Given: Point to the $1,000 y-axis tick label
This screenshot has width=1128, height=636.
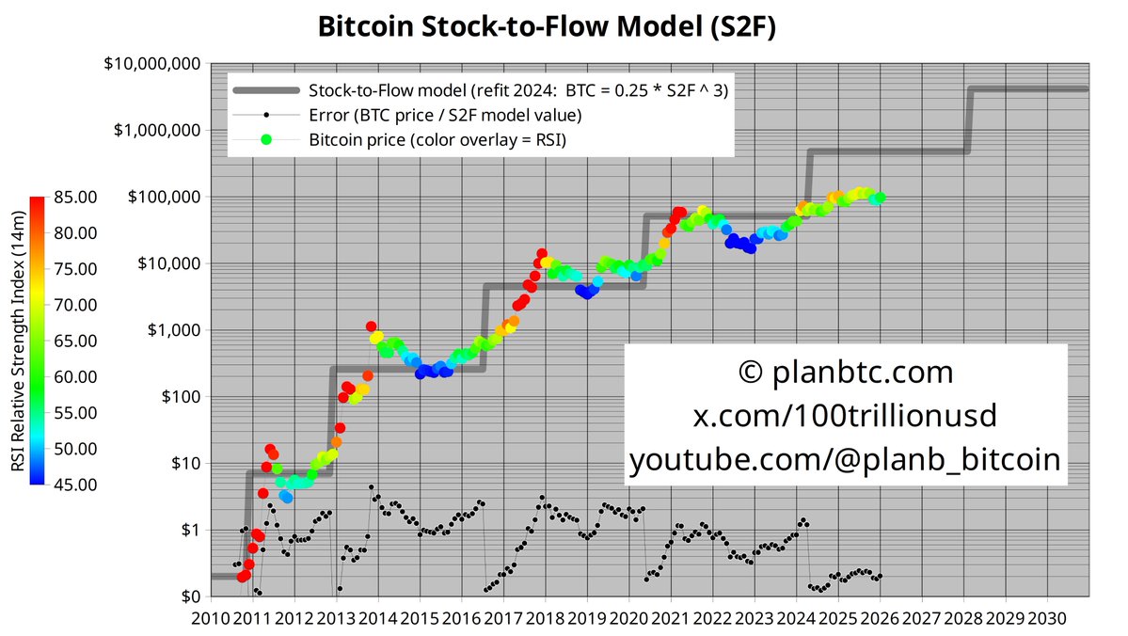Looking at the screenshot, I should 175,330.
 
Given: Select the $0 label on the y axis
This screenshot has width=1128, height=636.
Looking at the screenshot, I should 190,596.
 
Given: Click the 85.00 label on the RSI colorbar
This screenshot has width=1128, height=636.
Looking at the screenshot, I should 72,198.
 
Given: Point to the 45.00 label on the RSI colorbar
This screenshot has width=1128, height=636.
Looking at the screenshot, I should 72,485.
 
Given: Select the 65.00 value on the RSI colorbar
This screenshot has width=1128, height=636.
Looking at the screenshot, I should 72,341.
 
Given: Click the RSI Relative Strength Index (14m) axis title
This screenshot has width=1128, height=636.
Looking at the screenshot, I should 17,341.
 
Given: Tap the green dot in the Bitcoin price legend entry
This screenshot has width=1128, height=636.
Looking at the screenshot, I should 267,140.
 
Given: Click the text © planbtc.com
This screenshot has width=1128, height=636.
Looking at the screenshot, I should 846,373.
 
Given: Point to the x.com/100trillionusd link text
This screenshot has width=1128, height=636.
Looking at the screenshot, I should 846,416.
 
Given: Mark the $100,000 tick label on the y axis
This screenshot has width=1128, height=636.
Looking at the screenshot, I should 162,198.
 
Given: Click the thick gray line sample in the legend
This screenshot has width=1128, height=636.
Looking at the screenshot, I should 267,91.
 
